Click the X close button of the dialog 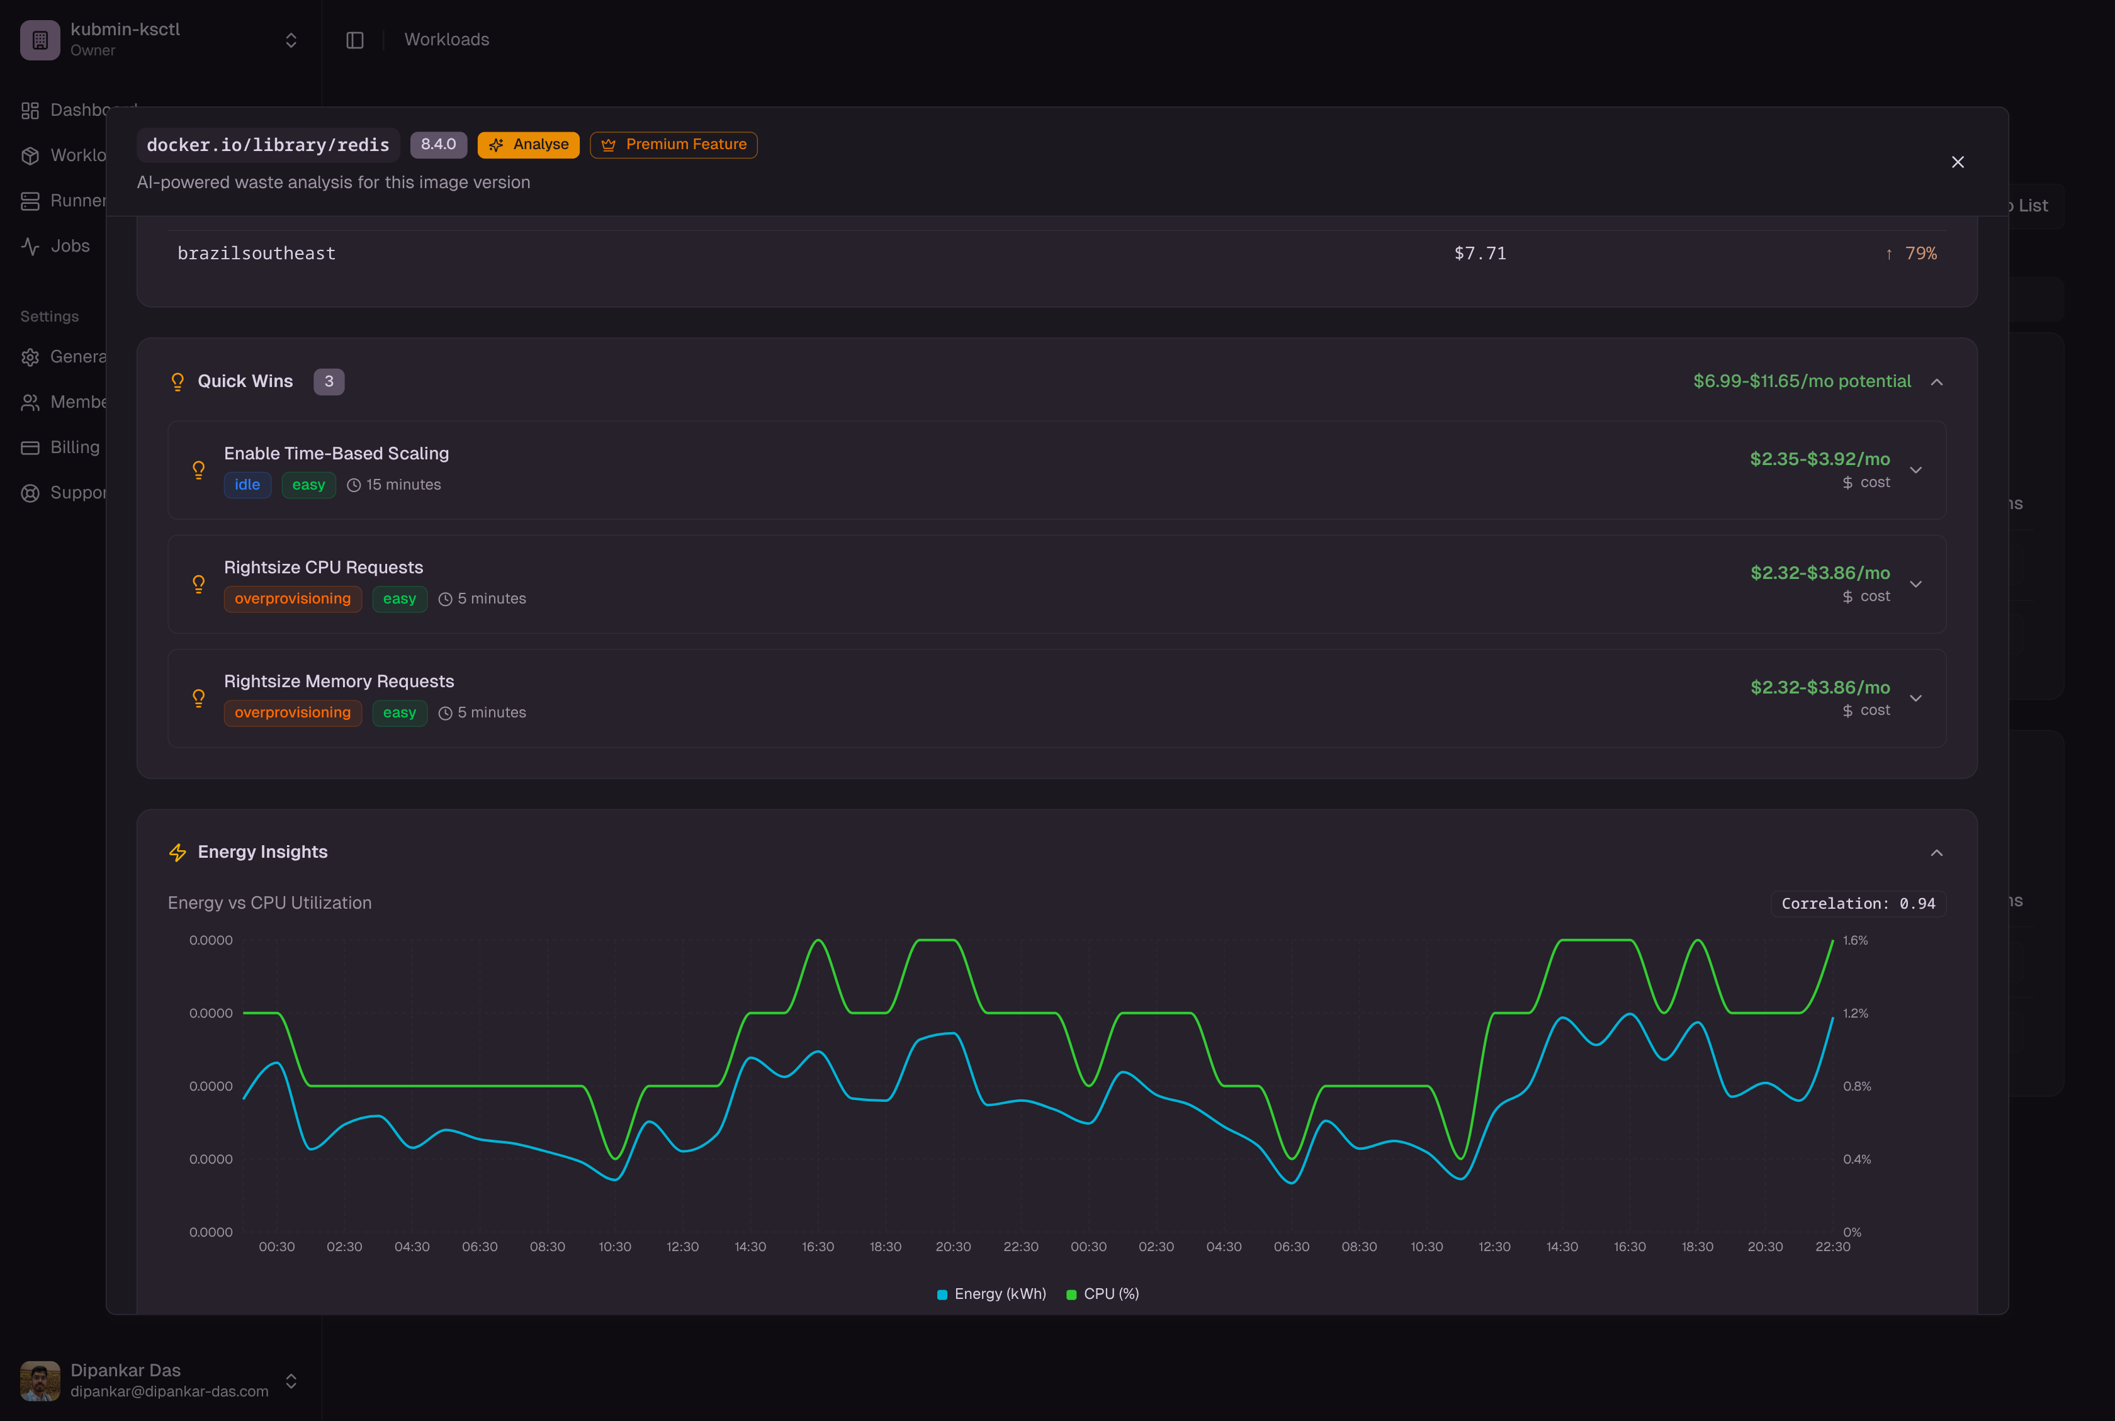[1957, 162]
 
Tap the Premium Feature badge [674, 145]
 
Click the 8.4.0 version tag [438, 145]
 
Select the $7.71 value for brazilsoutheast [1479, 254]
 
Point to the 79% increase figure [1919, 254]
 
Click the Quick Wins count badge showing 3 [328, 381]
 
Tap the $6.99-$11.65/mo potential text [1802, 381]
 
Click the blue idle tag [247, 485]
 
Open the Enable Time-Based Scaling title [336, 453]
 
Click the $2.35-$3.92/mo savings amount [1819, 459]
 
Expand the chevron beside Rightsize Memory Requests [1915, 698]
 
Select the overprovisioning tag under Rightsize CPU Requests [292, 599]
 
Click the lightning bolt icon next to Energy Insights [178, 853]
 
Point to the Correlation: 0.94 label [1858, 904]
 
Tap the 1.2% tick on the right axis [1855, 1013]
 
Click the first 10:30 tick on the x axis [614, 1247]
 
